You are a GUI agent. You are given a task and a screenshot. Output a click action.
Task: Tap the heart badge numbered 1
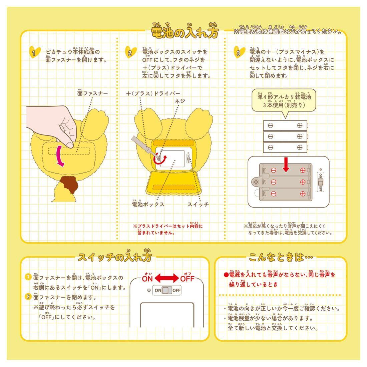35,52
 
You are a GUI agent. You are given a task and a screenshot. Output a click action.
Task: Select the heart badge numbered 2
130,52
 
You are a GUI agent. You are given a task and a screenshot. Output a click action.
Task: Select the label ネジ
179,101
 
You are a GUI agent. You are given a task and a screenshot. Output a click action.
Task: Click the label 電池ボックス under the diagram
148,204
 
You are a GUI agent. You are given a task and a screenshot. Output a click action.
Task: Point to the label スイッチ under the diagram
198,204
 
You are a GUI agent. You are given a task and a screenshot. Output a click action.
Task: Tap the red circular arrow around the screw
160,159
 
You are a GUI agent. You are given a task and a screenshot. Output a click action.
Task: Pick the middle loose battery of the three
285,136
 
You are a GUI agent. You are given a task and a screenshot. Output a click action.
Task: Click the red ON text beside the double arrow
147,279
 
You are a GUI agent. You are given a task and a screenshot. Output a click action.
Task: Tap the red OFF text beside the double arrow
188,279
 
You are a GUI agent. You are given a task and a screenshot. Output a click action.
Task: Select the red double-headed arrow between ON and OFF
166,278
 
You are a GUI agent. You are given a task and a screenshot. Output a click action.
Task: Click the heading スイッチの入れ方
115,257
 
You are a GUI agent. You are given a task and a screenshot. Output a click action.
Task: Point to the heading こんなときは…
281,257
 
